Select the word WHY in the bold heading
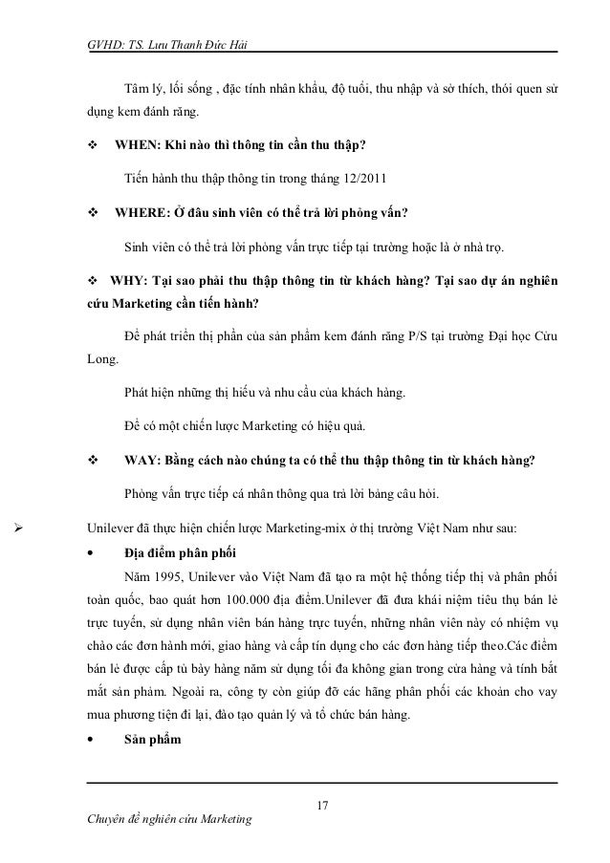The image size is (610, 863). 126,282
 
